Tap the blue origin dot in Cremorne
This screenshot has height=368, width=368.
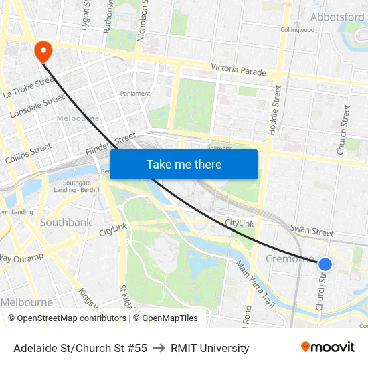pos(325,264)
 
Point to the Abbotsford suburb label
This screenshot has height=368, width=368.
pos(337,17)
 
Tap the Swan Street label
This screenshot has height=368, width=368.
pos(312,232)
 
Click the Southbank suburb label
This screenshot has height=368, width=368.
pos(66,222)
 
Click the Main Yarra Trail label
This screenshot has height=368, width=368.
pos(255,284)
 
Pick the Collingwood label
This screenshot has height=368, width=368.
pos(298,30)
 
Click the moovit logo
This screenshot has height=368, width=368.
pos(327,347)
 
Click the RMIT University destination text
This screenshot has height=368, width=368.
pos(210,348)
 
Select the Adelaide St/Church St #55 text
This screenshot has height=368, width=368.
pos(80,348)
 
